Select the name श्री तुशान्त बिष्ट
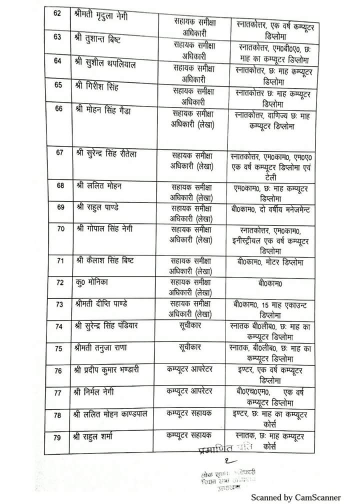coord(99,39)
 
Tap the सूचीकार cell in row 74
coord(189,326)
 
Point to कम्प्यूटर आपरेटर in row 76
coord(189,370)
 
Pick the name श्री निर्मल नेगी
coord(96,393)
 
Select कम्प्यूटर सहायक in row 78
coord(189,414)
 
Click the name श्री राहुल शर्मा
coord(97,437)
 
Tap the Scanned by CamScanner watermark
coord(295,497)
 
